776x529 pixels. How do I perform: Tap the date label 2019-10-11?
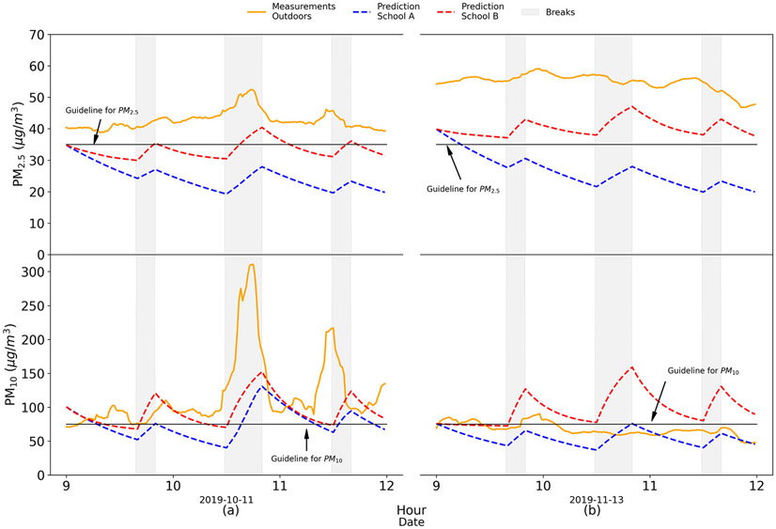pyautogui.click(x=225, y=501)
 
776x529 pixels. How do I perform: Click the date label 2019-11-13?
pyautogui.click(x=595, y=501)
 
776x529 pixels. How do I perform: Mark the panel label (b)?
pyautogui.click(x=595, y=513)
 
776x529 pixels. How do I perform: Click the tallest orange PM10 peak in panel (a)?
pyautogui.click(x=251, y=265)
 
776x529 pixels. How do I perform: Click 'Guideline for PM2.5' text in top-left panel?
pyautogui.click(x=101, y=111)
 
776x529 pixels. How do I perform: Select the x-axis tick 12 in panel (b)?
pyautogui.click(x=755, y=488)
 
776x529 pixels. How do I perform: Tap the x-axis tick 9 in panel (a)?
pyautogui.click(x=66, y=488)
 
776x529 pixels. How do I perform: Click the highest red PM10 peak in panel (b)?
pyautogui.click(x=631, y=367)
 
